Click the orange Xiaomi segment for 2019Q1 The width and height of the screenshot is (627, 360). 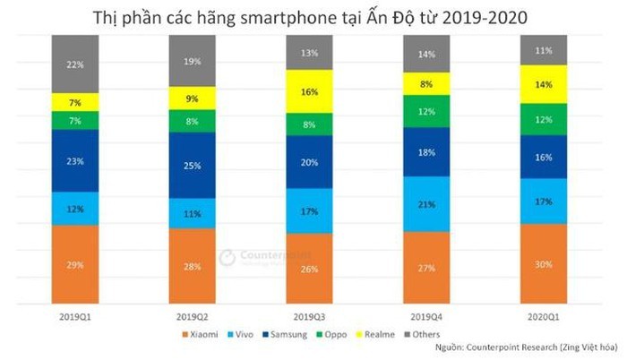pyautogui.click(x=75, y=265)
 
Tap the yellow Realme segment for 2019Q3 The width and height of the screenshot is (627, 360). pyautogui.click(x=310, y=92)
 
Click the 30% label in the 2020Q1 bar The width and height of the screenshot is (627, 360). pyautogui.click(x=543, y=264)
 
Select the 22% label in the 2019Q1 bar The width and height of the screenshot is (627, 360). pyautogui.click(x=75, y=64)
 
